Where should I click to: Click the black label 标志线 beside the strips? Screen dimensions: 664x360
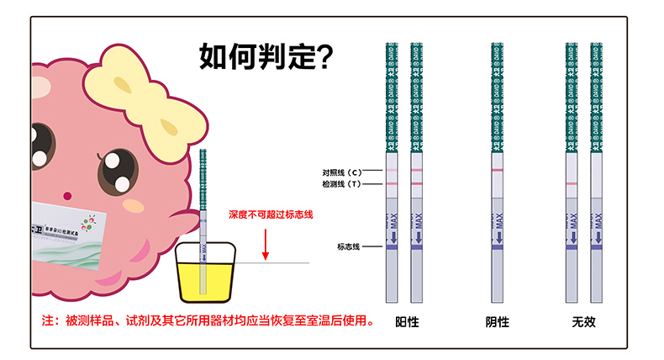(x=348, y=246)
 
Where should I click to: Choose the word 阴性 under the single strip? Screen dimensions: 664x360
(x=498, y=322)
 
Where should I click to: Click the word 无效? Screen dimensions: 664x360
(x=583, y=322)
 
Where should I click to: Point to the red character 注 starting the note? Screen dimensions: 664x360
(x=48, y=321)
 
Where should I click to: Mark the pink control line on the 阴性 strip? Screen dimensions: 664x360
(x=498, y=171)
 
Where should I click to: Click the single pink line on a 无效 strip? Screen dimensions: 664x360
(x=572, y=183)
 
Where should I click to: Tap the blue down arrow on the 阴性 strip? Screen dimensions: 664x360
(x=498, y=236)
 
